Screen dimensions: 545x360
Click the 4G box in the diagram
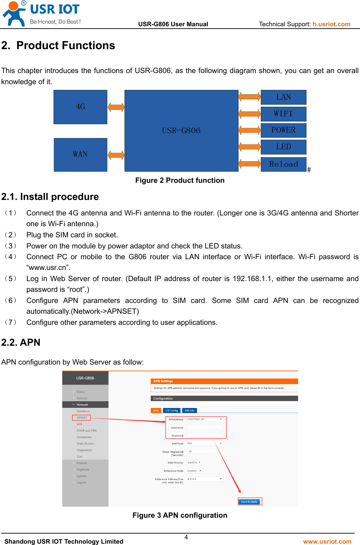pos(80,107)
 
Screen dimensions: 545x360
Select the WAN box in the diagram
pos(80,155)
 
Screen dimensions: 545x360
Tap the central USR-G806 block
pos(181,131)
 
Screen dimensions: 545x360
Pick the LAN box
pos(283,97)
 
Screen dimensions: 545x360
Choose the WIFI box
pos(283,114)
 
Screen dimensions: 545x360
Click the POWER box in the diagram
pos(283,130)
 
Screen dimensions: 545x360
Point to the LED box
pos(283,147)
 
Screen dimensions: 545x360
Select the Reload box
pos(283,164)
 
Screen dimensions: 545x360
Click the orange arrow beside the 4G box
pos(116,107)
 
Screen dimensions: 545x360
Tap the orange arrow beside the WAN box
pos(116,155)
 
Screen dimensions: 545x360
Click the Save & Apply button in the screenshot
pos(249,502)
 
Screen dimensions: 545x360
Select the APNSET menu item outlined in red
pos(82,418)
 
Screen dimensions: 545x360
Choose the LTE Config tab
pos(172,410)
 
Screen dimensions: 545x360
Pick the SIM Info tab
pos(189,410)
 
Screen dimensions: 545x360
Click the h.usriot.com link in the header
pos(331,24)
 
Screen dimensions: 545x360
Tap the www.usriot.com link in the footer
pos(327,541)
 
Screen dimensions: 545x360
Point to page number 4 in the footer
pos(186,537)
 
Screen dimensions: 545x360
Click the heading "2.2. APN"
pos(21,342)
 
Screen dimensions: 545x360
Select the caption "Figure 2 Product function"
pos(180,180)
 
